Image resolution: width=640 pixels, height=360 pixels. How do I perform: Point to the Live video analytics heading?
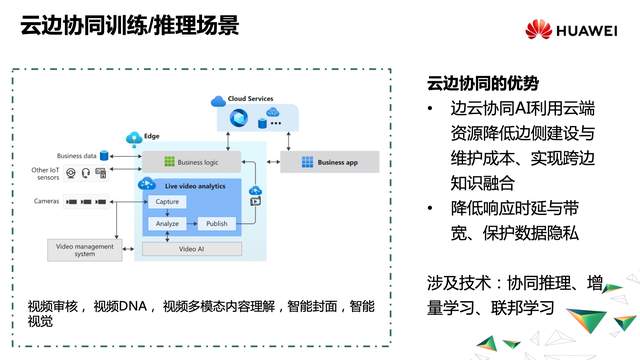195,185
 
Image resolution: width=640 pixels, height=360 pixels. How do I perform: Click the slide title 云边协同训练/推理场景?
129,26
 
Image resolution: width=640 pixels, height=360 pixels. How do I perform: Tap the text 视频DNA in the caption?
127,304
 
